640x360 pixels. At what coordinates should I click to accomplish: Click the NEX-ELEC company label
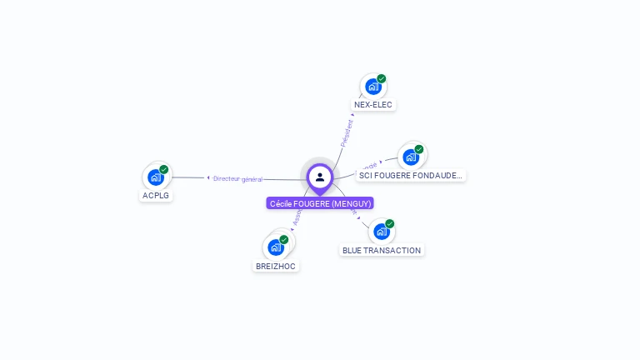(x=372, y=105)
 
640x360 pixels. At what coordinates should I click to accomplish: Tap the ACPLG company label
(x=156, y=195)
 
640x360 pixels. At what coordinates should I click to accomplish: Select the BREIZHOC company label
(x=275, y=266)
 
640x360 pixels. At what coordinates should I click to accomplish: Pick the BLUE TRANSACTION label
(x=382, y=250)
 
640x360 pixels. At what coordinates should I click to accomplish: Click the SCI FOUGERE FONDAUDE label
(x=410, y=175)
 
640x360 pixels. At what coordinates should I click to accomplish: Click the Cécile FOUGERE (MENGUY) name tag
(x=320, y=203)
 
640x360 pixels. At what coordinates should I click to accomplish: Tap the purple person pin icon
(x=320, y=177)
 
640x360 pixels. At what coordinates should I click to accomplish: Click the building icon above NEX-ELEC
(x=372, y=86)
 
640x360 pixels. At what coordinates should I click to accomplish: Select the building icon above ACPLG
(x=155, y=177)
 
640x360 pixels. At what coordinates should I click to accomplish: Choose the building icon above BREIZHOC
(x=276, y=247)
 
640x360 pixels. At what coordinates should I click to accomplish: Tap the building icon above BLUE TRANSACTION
(x=381, y=231)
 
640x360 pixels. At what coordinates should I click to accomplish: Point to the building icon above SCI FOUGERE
(x=410, y=157)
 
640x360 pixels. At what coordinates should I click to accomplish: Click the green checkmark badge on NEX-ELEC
(x=381, y=79)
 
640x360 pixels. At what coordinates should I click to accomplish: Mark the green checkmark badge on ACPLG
(x=164, y=169)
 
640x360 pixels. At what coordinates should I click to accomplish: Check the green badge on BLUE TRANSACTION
(x=389, y=224)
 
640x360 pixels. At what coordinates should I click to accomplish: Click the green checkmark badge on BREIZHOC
(x=284, y=240)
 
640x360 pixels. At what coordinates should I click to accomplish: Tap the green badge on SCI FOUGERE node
(x=418, y=149)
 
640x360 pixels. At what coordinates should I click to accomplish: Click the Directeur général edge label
(x=238, y=178)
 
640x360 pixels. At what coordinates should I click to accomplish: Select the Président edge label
(x=347, y=133)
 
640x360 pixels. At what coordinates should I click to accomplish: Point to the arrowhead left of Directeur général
(x=208, y=177)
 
